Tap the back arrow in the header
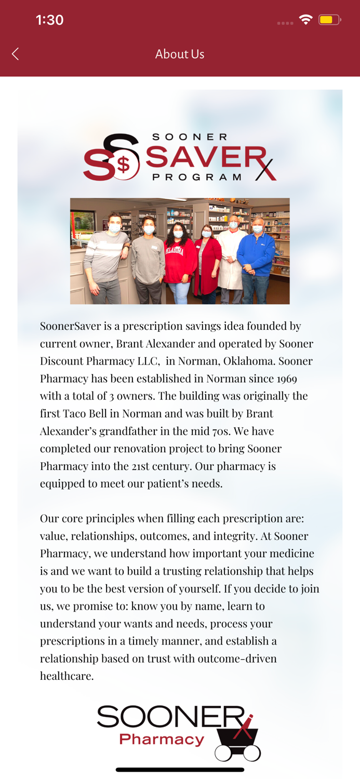point(16,54)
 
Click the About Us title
point(180,54)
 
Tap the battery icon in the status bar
point(329,20)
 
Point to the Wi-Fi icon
point(305,20)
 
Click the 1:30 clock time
point(49,20)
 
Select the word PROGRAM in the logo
point(197,177)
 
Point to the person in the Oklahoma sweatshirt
point(179,260)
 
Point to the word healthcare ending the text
point(66,676)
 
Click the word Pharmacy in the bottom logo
point(162,740)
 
